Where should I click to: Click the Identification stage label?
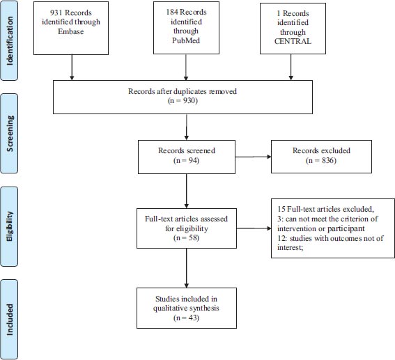10,41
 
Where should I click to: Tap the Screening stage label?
10,134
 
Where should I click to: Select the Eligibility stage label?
10,226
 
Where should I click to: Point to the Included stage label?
10,320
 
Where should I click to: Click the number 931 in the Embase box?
56,13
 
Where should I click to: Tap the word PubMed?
186,40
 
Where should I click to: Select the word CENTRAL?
293,41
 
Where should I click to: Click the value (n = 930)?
183,101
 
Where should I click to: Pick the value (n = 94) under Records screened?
187,160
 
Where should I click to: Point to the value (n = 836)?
321,160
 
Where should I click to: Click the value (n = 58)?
187,237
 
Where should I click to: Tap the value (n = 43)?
187,318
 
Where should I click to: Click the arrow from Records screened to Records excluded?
253,157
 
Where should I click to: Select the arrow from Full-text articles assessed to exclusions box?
254,228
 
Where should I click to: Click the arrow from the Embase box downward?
72,68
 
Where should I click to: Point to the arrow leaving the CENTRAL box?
291,68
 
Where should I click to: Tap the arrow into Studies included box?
187,268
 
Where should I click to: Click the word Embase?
71,31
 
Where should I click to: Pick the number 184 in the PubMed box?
172,12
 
